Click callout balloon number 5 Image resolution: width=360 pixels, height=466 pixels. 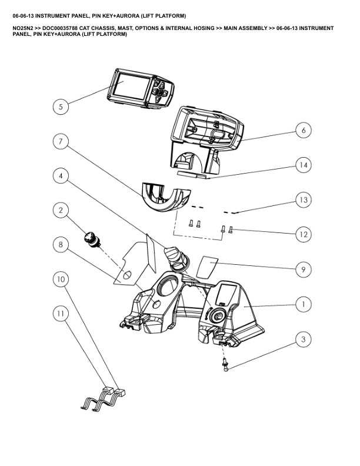(x=60, y=106)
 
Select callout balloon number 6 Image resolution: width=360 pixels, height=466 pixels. (x=303, y=131)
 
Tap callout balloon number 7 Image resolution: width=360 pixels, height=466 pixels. (x=60, y=141)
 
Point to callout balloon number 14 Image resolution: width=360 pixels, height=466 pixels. (x=303, y=165)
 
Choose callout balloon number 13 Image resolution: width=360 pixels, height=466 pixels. (x=303, y=200)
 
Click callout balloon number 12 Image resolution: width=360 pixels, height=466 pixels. (x=303, y=234)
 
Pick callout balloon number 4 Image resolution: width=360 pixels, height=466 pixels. (x=60, y=175)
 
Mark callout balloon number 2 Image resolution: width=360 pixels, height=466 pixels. (x=60, y=210)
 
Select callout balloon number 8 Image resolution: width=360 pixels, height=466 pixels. (x=60, y=244)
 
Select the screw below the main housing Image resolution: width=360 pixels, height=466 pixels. (x=225, y=366)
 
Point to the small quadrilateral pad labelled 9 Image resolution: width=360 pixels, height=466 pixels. (x=206, y=265)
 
